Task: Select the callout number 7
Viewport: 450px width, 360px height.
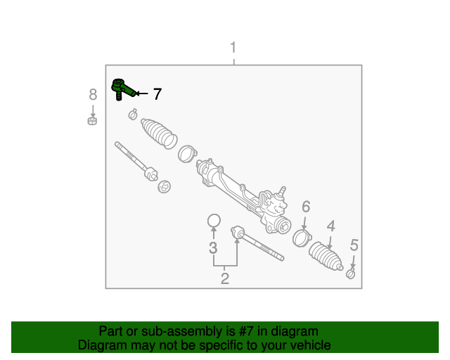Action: coord(157,94)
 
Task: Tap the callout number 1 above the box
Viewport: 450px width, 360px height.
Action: coord(233,48)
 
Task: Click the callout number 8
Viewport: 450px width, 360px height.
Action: coord(92,94)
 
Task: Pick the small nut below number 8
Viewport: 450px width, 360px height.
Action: coord(91,121)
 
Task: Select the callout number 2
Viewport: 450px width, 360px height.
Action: coord(225,278)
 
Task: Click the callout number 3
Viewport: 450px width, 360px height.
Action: coord(213,247)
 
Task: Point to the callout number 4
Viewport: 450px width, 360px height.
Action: coord(330,226)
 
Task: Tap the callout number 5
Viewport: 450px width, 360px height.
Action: coord(354,245)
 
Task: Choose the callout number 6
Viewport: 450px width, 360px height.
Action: coord(306,207)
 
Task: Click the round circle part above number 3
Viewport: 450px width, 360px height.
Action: coord(214,221)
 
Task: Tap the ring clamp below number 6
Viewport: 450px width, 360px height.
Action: coord(301,237)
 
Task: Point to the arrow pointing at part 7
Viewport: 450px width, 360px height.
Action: coord(141,94)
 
